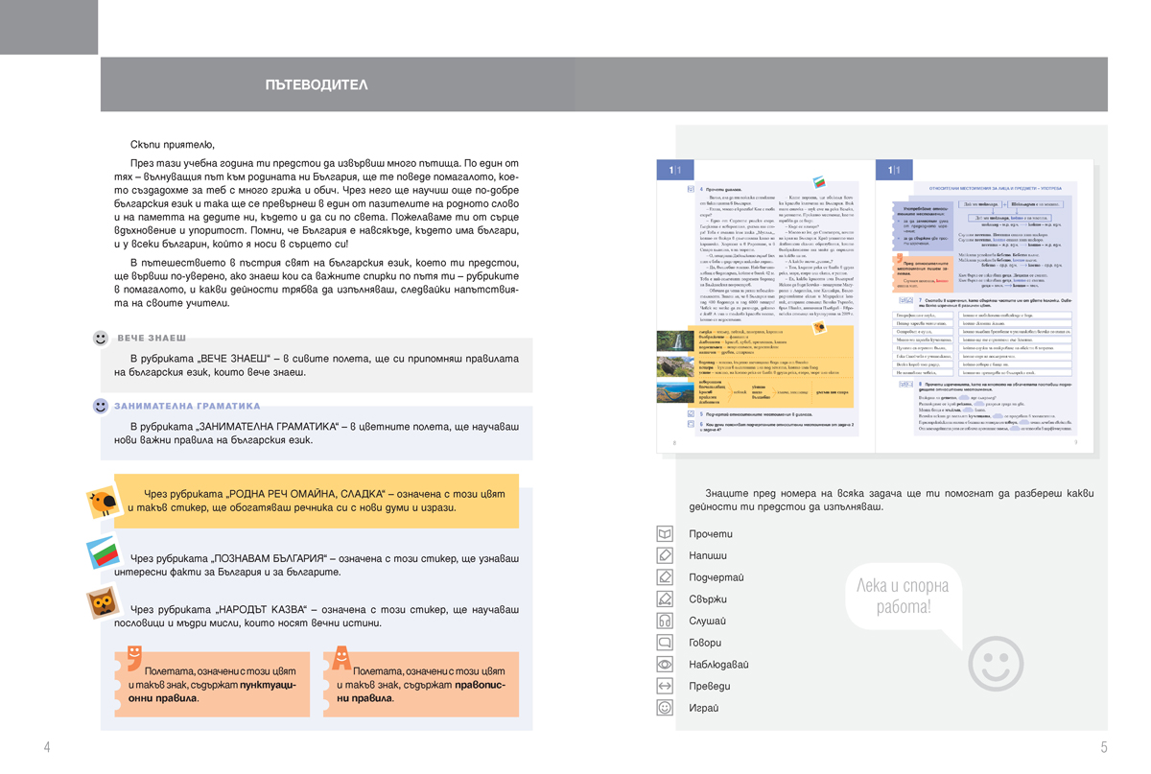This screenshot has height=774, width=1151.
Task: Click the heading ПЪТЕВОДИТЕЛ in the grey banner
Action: point(317,85)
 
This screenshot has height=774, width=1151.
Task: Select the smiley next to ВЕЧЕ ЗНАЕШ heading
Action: point(101,339)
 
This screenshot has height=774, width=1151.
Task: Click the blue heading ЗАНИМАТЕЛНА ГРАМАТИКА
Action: point(188,406)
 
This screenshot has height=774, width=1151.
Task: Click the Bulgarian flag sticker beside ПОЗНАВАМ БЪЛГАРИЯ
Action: point(102,555)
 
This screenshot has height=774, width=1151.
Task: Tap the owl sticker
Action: point(103,605)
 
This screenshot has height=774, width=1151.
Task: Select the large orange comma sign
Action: point(133,657)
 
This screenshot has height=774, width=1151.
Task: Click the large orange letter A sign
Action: point(341,658)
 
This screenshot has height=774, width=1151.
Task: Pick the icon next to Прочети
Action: point(664,533)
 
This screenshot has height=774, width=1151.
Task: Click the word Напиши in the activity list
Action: point(708,555)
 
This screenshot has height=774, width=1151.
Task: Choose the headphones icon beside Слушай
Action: point(664,621)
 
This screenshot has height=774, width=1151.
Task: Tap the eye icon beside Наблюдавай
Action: point(664,664)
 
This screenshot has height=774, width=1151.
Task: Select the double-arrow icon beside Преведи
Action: point(664,686)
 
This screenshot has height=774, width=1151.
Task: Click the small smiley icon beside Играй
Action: point(664,708)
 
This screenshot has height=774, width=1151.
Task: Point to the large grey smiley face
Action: point(996,663)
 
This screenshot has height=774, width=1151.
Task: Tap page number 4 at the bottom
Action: point(47,747)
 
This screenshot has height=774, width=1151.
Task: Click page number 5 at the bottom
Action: point(1104,747)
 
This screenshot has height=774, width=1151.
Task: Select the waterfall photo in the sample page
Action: point(675,340)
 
